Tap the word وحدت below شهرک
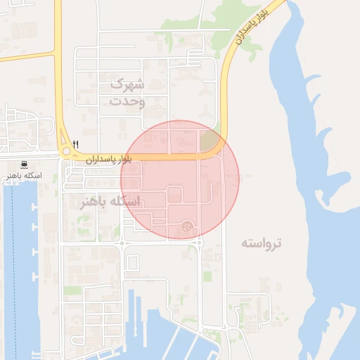pos(127,102)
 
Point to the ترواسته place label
pos(261,243)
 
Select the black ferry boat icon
pos(25,165)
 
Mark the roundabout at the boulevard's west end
pos(67,151)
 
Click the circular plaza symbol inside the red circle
pos(186,226)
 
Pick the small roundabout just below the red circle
pos(197,243)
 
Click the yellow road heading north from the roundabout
pos(58,84)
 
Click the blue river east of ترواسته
pos(330,211)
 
